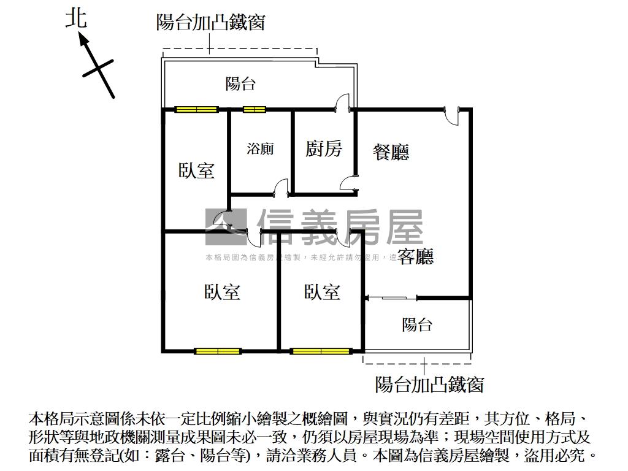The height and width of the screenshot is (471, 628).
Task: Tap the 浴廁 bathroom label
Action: (x=260, y=148)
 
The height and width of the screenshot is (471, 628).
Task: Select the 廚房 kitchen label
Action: (x=323, y=148)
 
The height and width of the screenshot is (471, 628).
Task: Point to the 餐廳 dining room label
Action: (x=391, y=151)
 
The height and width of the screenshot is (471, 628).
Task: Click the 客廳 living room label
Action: (x=415, y=256)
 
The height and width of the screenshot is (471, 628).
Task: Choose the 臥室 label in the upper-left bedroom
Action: (x=196, y=170)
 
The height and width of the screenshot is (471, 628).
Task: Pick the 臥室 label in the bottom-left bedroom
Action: (x=222, y=292)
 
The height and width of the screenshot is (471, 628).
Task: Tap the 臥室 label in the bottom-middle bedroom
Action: (x=322, y=292)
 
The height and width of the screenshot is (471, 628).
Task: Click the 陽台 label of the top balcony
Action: (x=240, y=83)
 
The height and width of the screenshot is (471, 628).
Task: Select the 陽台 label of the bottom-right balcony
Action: (x=417, y=324)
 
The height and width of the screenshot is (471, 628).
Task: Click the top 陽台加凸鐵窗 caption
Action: (x=210, y=23)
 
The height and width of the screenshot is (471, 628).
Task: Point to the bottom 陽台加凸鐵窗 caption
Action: (x=429, y=385)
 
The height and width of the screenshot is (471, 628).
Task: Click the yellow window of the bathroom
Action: (x=254, y=110)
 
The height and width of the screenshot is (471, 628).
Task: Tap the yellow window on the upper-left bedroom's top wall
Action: (x=196, y=110)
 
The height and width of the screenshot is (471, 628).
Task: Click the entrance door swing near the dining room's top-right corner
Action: (x=451, y=117)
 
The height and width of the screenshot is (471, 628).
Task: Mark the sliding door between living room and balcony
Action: (x=391, y=299)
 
